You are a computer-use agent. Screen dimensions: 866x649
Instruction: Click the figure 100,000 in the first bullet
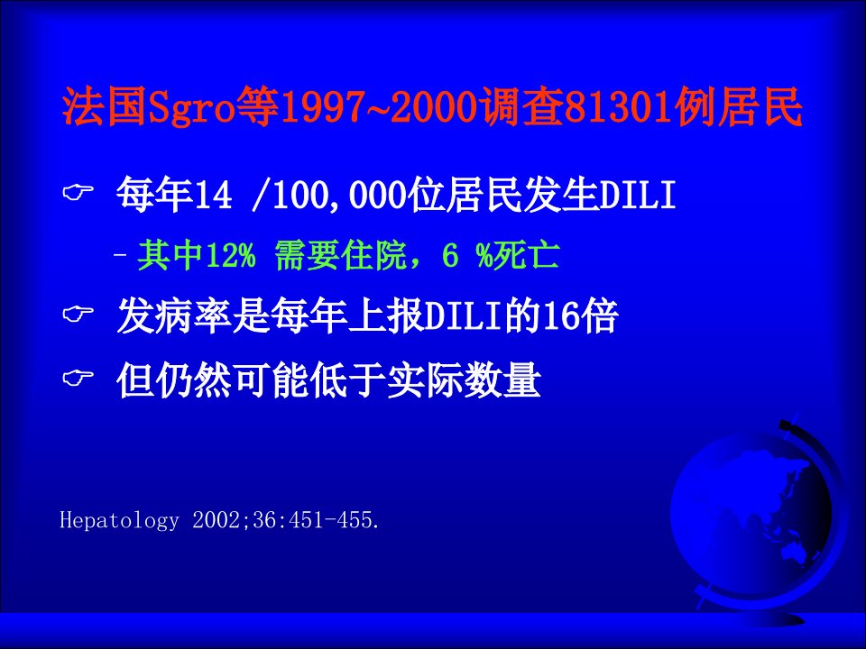point(339,196)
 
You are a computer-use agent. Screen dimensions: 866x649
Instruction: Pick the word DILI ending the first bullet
point(638,196)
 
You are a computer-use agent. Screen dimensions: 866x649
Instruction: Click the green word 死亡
point(526,255)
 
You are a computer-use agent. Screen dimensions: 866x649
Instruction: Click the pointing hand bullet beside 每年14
point(78,193)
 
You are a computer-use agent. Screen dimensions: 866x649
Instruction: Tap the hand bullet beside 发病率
point(78,315)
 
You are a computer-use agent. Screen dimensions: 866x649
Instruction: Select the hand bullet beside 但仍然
point(78,379)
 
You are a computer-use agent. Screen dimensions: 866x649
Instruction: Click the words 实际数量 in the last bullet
point(464,380)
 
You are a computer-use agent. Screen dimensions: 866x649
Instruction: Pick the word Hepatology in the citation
point(119,520)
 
